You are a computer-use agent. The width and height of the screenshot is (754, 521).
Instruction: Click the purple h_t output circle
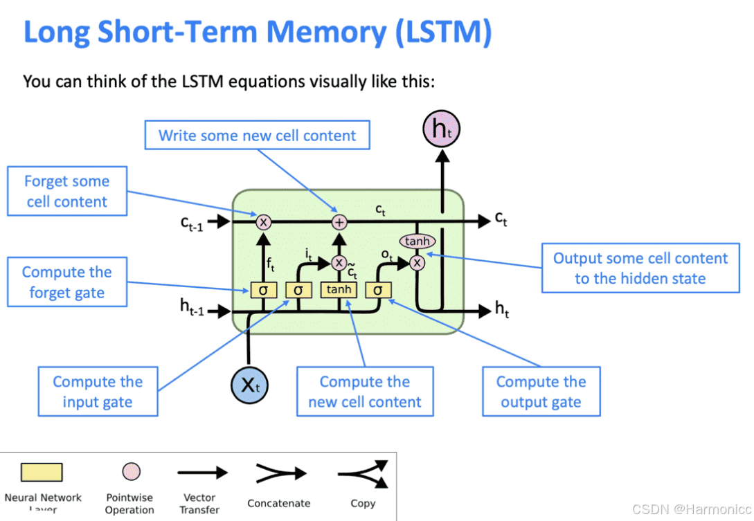point(441,129)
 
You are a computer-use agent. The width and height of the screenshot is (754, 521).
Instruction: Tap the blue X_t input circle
point(249,383)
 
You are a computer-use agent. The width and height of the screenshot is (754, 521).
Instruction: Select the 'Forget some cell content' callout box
point(66,191)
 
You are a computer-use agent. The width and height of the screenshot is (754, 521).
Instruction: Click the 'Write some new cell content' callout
point(257,136)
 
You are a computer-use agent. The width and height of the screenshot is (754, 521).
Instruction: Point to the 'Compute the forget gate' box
point(66,282)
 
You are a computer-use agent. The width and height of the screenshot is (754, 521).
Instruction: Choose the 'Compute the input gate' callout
point(98,392)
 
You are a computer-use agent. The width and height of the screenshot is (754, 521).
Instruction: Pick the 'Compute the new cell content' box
point(365,392)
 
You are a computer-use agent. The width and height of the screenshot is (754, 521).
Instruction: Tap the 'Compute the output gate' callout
point(541,392)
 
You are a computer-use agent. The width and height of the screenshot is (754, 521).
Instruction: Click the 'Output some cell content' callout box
point(640,268)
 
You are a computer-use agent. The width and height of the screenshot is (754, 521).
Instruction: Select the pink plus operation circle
point(339,221)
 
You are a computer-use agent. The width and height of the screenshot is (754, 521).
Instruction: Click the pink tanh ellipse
point(418,241)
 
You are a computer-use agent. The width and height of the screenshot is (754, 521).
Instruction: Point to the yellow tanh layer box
point(339,289)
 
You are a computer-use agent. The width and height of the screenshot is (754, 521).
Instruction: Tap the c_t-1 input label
point(191,223)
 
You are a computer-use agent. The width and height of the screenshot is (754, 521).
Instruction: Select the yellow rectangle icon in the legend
point(42,473)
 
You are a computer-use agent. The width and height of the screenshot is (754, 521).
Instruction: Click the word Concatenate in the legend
point(279,503)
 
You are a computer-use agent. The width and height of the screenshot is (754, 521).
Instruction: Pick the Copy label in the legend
point(363,503)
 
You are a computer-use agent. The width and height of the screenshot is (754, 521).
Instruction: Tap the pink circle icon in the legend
point(131,472)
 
